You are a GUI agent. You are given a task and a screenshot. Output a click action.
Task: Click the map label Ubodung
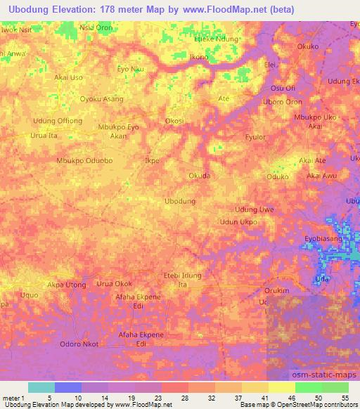click(x=179, y=201)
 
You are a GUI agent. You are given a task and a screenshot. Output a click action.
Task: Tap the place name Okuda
click(x=199, y=176)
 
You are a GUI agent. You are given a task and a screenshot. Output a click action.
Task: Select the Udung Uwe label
click(x=254, y=209)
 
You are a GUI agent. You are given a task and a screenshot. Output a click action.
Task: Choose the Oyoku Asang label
click(x=102, y=99)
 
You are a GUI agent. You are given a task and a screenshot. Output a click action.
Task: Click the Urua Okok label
click(x=114, y=284)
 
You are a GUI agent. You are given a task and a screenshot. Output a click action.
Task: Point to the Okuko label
click(x=308, y=47)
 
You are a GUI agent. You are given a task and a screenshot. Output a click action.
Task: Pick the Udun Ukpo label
click(x=238, y=222)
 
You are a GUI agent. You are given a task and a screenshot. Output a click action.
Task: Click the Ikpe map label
click(x=152, y=160)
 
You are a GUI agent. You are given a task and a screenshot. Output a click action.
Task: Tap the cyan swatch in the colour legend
click(x=41, y=387)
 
